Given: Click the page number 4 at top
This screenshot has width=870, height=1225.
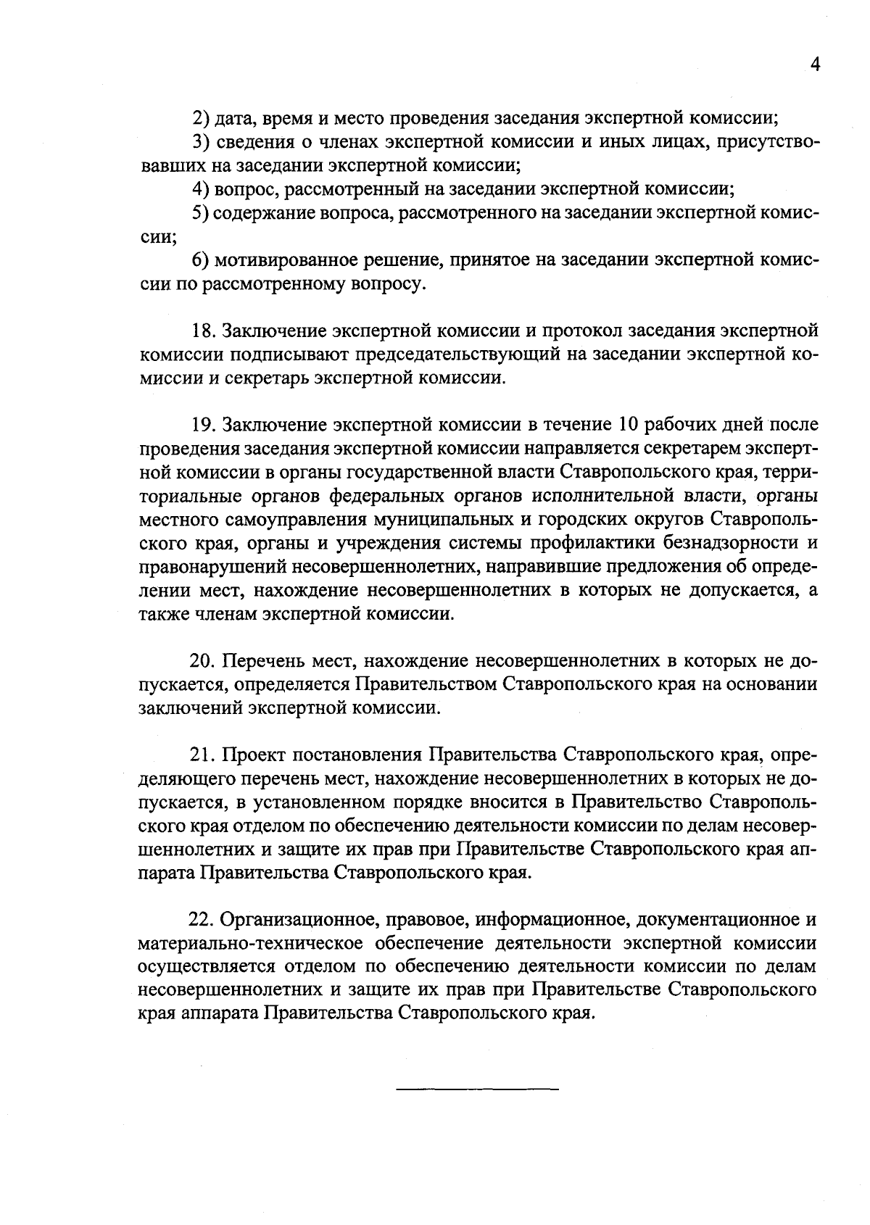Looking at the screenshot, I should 815,65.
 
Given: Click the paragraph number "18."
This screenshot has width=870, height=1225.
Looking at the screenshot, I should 204,331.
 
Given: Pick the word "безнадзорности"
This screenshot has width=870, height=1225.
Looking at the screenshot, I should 725,543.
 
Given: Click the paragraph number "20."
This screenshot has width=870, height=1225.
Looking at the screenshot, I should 204,661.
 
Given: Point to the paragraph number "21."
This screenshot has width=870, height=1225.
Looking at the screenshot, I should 204,755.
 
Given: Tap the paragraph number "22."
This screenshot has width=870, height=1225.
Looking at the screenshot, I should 203,920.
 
